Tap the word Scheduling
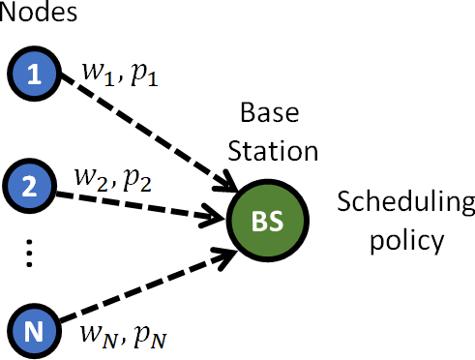pos(405,204)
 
